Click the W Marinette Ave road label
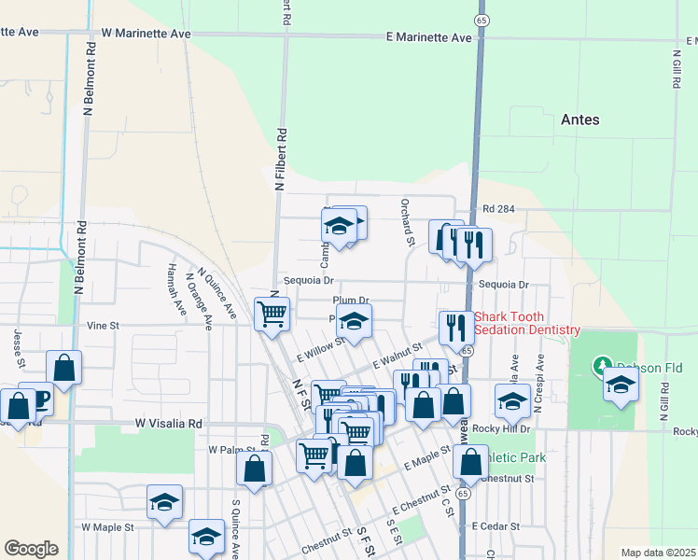[x=146, y=34]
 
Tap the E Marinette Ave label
[x=429, y=37]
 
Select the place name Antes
[x=579, y=119]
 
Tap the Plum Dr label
[x=352, y=301]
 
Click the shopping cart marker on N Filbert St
[x=272, y=314]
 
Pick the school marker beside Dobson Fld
[x=621, y=383]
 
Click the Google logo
[x=31, y=549]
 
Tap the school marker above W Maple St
[x=164, y=501]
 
